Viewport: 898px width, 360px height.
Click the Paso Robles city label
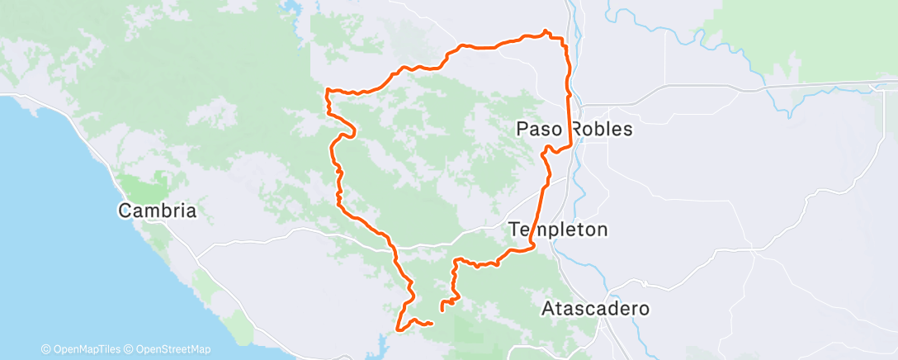click(x=574, y=129)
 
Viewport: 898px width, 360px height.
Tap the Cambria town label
click(x=158, y=211)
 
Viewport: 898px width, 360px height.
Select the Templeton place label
click(x=559, y=230)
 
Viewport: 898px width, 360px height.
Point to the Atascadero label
click(x=596, y=310)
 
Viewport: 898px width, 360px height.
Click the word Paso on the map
click(x=539, y=129)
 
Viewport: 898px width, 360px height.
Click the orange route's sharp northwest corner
click(x=328, y=89)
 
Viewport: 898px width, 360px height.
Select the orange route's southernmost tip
click(x=399, y=330)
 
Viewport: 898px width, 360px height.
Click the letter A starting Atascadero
click(x=548, y=310)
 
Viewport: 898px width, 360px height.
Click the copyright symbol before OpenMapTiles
click(x=45, y=349)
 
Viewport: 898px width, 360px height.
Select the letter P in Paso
click(x=522, y=129)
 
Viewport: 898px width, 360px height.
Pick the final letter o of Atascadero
click(x=644, y=310)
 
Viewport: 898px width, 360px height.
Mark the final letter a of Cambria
click(x=191, y=211)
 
